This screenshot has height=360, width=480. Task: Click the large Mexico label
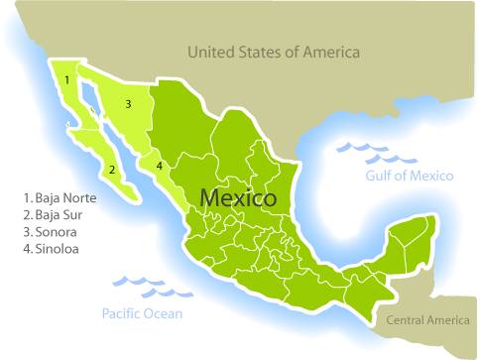click(238, 197)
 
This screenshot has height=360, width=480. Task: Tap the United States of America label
click(274, 52)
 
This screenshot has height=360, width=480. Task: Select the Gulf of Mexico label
click(409, 176)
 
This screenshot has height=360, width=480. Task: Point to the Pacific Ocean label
click(142, 314)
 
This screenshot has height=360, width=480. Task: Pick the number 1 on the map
click(65, 78)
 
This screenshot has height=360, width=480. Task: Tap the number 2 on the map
click(112, 170)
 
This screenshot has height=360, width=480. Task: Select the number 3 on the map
click(128, 103)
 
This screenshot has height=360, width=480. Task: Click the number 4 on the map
click(159, 165)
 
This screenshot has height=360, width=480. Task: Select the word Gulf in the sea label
click(378, 176)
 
